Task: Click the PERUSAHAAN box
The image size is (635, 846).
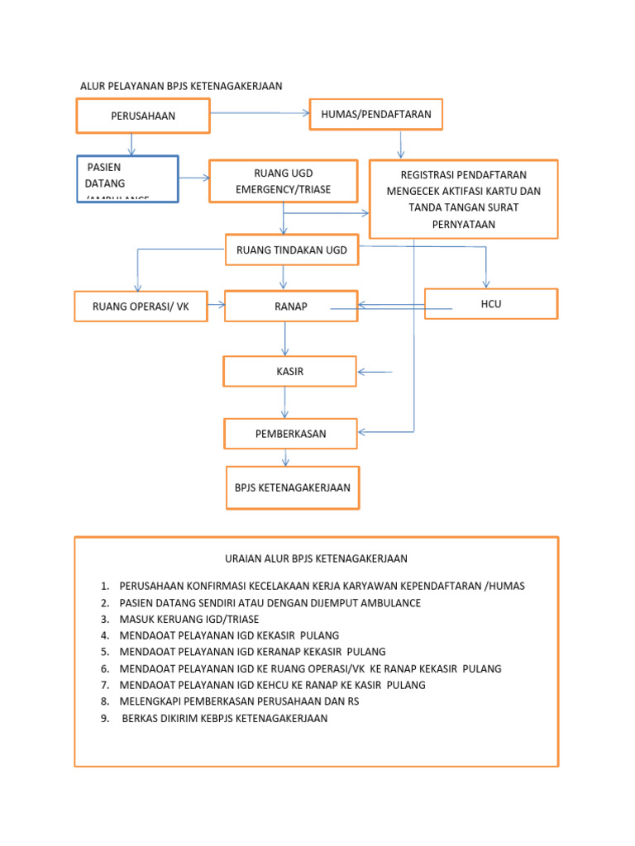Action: [x=143, y=116]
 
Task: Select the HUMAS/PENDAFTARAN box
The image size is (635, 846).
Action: [x=375, y=114]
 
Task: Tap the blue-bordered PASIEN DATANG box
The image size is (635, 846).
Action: [x=127, y=179]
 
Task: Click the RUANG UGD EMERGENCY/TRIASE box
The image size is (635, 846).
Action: [x=283, y=181]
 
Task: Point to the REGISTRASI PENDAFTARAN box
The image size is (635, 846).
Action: [x=463, y=199]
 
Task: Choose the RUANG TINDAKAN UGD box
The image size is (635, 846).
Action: [x=291, y=250]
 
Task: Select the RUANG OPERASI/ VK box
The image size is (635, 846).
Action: [x=141, y=306]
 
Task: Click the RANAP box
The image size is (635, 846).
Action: [x=291, y=307]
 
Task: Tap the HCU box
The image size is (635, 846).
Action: [x=491, y=304]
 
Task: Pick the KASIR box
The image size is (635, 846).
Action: [x=289, y=372]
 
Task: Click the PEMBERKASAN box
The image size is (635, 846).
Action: [x=290, y=434]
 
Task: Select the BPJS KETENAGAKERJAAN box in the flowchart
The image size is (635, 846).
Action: [x=293, y=487]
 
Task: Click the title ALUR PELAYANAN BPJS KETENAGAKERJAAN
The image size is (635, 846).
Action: [x=181, y=86]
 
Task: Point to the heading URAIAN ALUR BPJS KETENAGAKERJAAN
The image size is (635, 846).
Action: [x=316, y=558]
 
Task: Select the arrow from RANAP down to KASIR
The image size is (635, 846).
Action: [x=285, y=339]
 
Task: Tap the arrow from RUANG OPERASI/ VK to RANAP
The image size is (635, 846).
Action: [x=216, y=305]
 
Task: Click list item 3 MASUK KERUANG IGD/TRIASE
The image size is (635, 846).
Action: [x=189, y=620]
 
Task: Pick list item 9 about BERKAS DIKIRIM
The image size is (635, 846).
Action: [x=224, y=719]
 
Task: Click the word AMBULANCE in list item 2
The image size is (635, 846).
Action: [x=389, y=603]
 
